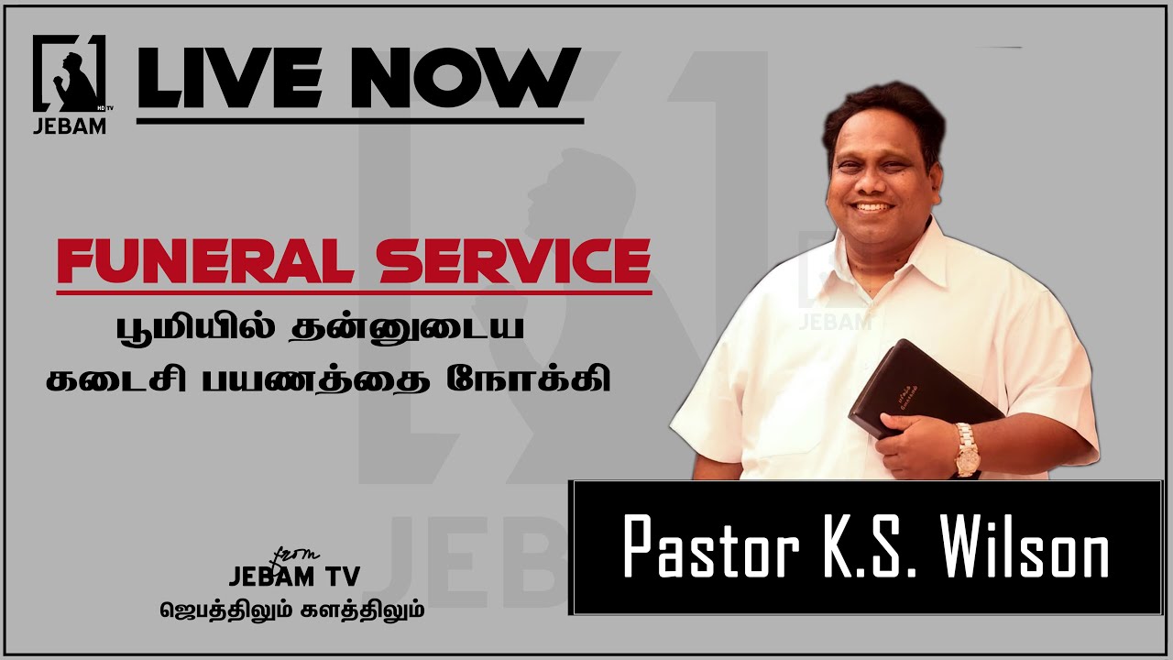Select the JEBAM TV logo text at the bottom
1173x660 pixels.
[x=294, y=575]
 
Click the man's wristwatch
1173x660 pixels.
[x=966, y=450]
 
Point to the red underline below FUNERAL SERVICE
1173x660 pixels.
[x=354, y=291]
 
